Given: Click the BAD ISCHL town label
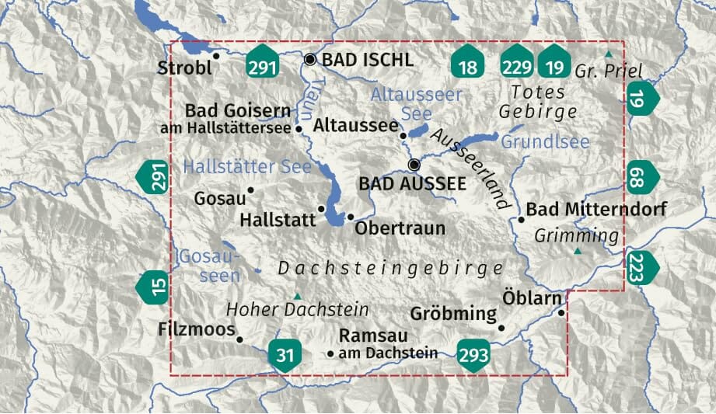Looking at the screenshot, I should tap(367, 60).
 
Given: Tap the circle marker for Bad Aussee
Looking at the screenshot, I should tap(414, 164).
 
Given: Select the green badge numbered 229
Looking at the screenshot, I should tap(516, 66).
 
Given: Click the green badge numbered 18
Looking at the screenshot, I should tap(468, 66).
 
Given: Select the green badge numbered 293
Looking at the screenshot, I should tap(473, 355).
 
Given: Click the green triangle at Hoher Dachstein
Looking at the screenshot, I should tap(297, 295).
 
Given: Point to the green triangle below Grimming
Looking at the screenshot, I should tap(577, 252).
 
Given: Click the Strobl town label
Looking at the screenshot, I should tap(184, 68).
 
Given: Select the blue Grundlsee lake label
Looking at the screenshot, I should tap(545, 142).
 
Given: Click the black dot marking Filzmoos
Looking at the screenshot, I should tap(239, 339).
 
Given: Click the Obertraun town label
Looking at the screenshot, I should tap(400, 228).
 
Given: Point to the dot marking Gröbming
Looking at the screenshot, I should tap(501, 328).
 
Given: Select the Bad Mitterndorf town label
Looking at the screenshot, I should tap(596, 210).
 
